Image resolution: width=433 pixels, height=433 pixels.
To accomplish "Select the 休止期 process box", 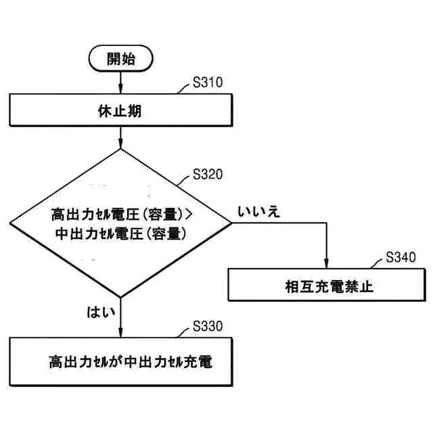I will coord(120,111).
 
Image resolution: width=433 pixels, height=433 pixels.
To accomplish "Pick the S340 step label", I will coord(401,257).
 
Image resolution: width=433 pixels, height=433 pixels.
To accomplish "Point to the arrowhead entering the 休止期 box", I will coord(120,91).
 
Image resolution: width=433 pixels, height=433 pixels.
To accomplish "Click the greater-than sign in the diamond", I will coord(189,215).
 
